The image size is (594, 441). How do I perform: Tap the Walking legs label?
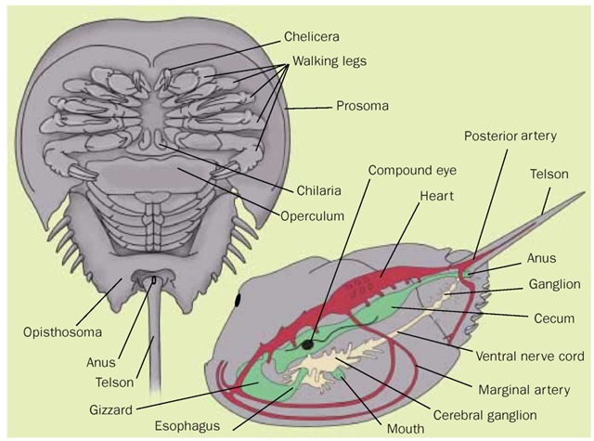pyautogui.click(x=330, y=61)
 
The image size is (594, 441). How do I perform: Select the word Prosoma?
pyautogui.click(x=363, y=106)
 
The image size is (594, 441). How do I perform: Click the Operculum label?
pyautogui.click(x=314, y=215)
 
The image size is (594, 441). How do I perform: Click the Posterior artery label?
pyautogui.click(x=510, y=136)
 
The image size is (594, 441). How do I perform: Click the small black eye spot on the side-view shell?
pyautogui.click(x=239, y=299)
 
